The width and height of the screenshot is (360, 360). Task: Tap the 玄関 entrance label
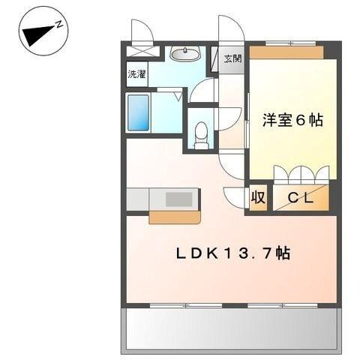(x=232, y=59)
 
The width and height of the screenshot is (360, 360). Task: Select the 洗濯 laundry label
(x=136, y=74)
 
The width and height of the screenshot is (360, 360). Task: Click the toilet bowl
(x=201, y=135)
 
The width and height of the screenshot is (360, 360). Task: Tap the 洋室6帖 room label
(x=292, y=120)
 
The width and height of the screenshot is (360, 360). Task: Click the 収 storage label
(x=258, y=198)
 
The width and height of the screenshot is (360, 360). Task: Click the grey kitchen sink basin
(x=178, y=199)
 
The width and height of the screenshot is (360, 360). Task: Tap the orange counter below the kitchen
(x=174, y=217)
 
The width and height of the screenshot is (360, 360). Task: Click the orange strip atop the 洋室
(x=286, y=52)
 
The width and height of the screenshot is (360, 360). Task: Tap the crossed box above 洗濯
(x=143, y=52)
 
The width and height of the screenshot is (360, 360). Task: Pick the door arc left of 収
(x=235, y=196)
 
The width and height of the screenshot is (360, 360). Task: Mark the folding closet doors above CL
(x=300, y=174)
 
